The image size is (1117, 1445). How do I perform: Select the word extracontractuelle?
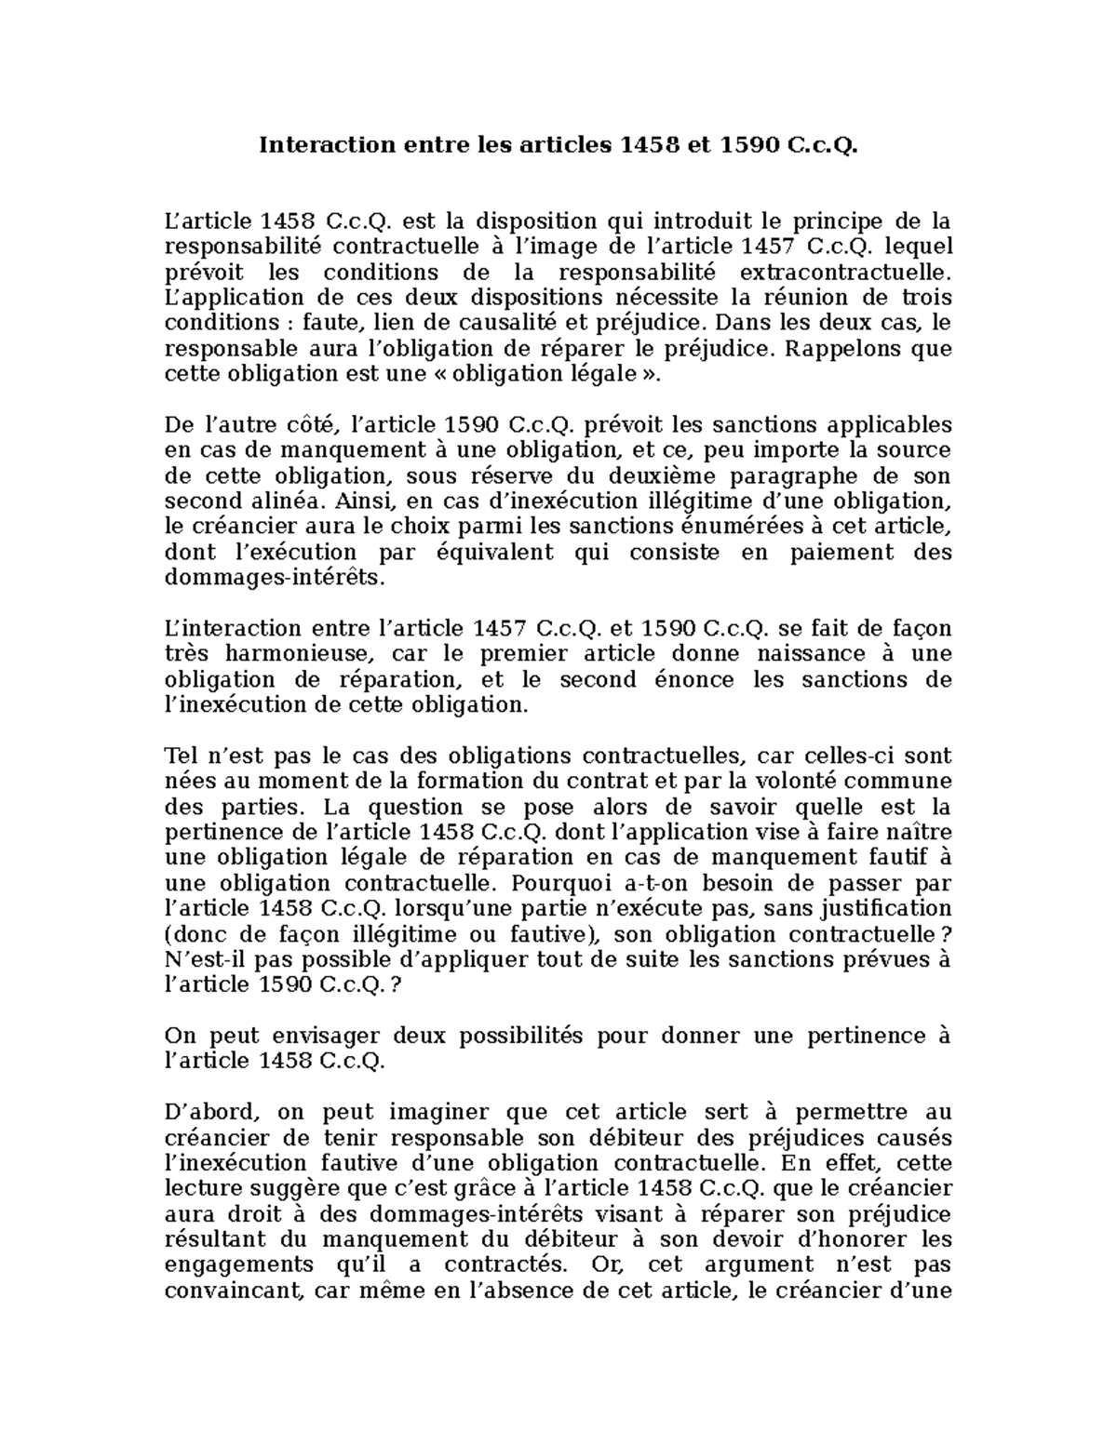[x=845, y=273]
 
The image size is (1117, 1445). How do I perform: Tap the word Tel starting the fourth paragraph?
[x=180, y=755]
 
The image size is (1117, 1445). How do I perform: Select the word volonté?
[x=795, y=780]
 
